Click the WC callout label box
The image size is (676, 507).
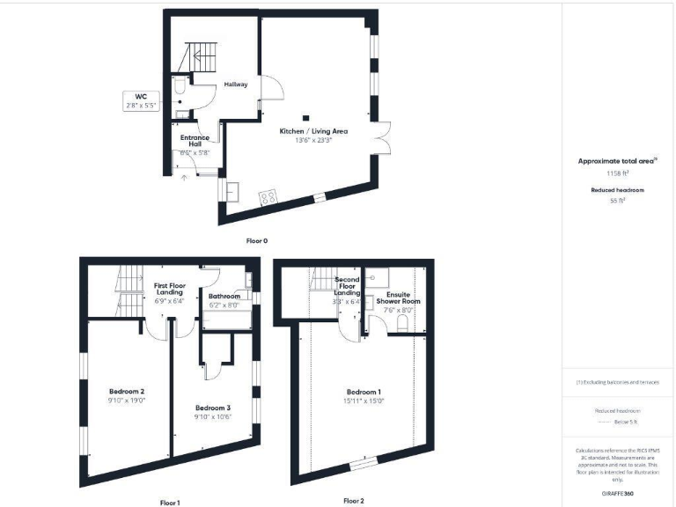tap(141, 100)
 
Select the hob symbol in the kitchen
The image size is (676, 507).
tap(268, 197)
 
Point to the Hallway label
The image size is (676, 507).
tap(235, 84)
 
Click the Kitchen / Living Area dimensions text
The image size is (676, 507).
tap(313, 140)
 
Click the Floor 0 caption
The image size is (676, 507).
tap(256, 239)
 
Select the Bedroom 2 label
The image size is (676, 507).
tap(127, 391)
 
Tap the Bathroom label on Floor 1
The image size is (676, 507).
tap(224, 297)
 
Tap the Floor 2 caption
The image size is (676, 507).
tap(354, 501)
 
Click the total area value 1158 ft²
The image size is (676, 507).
tap(615, 174)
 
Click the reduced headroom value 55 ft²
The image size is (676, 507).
tap(615, 201)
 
